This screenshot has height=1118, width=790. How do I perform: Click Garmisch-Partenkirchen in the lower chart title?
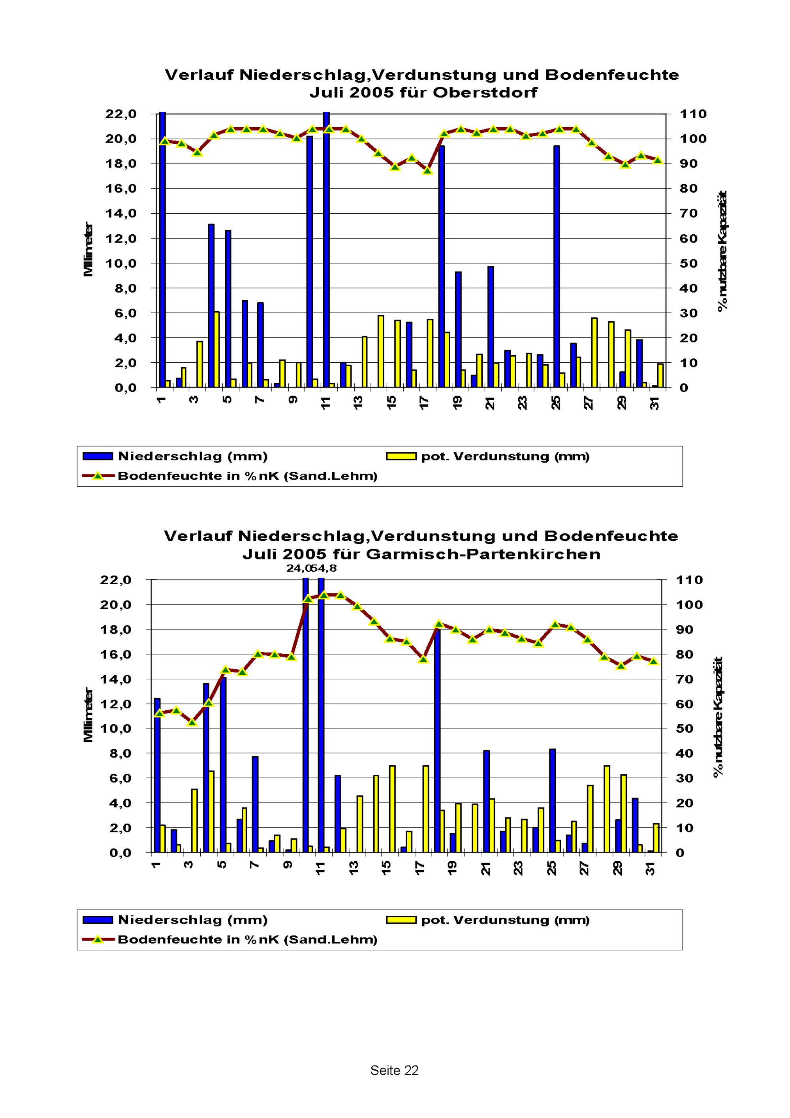[483, 554]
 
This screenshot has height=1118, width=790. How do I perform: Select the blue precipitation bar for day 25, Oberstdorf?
[557, 266]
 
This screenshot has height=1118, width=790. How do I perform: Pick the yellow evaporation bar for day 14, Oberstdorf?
[381, 351]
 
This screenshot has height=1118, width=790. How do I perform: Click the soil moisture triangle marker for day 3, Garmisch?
[192, 722]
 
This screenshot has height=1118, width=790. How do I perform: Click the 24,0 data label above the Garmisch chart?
[298, 568]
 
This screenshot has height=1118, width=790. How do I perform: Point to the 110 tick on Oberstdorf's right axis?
[694, 114]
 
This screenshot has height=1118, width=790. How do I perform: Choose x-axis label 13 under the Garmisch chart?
[354, 868]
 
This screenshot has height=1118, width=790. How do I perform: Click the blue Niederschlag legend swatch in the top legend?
[98, 456]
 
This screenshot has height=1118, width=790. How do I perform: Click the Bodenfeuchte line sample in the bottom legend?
[98, 939]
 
